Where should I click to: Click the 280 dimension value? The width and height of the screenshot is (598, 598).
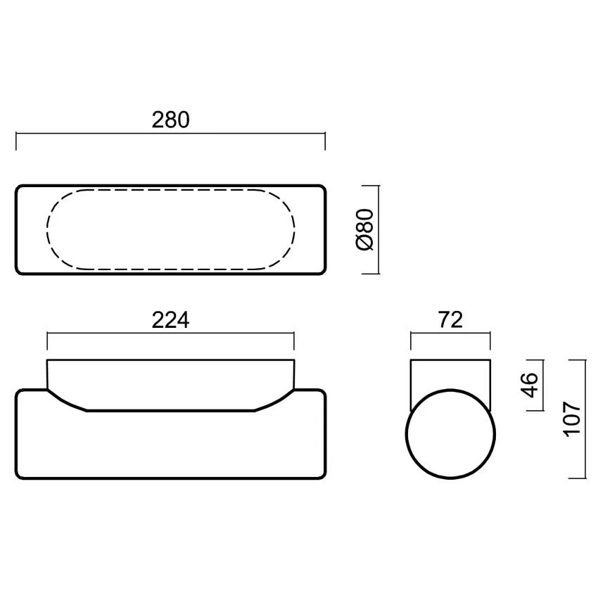pyautogui.click(x=170, y=120)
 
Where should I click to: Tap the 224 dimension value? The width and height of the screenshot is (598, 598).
pyautogui.click(x=170, y=320)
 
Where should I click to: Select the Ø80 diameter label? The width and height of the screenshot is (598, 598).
pyautogui.click(x=365, y=229)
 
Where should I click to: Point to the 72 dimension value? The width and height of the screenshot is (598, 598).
pyautogui.click(x=450, y=319)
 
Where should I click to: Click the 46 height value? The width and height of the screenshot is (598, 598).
pyautogui.click(x=529, y=386)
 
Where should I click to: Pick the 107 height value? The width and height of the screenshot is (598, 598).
pyautogui.click(x=572, y=419)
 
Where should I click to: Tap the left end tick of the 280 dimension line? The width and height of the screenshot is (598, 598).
pyautogui.click(x=16, y=141)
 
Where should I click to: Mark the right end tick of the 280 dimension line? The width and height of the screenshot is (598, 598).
pyautogui.click(x=325, y=141)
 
